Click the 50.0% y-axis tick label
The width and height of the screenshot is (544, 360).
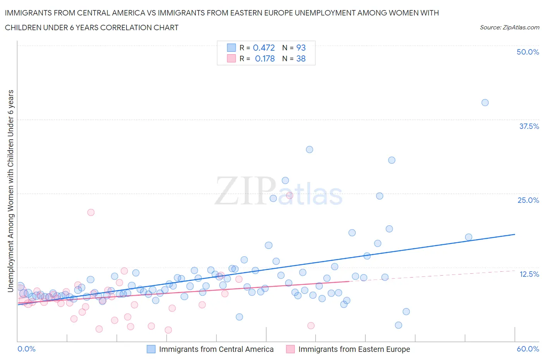point(527,52)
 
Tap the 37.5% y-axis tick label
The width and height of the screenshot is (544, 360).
point(529,126)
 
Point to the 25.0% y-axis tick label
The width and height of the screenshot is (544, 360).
point(528,200)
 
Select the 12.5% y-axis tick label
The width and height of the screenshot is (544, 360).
point(529,274)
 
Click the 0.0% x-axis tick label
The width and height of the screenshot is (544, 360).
point(26,349)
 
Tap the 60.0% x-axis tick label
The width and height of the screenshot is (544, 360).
point(527,349)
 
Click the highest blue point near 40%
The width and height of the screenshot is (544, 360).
point(485,103)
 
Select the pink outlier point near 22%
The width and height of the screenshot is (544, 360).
point(91,212)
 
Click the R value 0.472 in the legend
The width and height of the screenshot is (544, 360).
point(263,48)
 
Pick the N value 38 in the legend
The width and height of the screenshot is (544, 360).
point(301,58)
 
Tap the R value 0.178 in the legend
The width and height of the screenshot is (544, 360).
point(265,58)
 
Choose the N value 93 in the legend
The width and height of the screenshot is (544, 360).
point(301,48)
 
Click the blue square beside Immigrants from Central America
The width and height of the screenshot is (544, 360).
point(151,349)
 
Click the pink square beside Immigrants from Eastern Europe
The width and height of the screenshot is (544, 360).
point(290,349)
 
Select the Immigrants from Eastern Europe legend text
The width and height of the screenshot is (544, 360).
point(354,349)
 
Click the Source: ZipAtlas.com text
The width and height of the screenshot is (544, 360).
point(509,27)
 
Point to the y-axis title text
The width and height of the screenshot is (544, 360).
point(10,191)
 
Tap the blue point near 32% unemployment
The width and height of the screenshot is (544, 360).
point(310,149)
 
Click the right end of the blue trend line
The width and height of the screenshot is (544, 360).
point(515,234)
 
